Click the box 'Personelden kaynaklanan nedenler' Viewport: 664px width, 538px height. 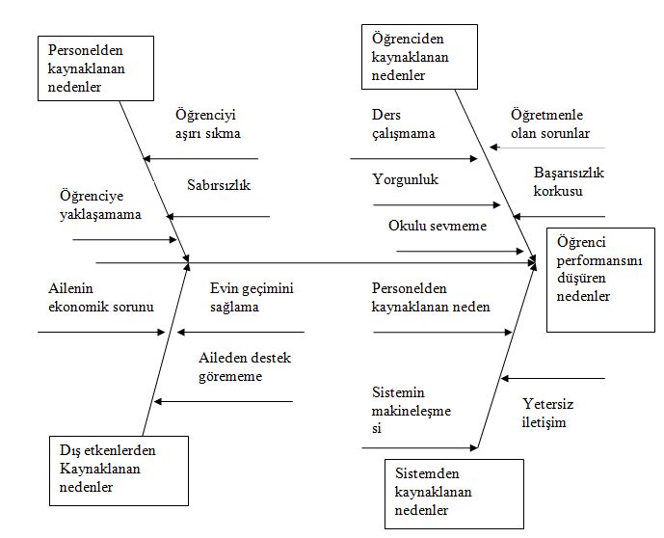pyautogui.click(x=97, y=67)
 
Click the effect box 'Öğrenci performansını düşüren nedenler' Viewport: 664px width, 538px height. pyautogui.click(x=600, y=280)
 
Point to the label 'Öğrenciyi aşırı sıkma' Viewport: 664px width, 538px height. pyautogui.click(x=208, y=123)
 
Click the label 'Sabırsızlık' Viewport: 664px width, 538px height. pyautogui.click(x=219, y=185)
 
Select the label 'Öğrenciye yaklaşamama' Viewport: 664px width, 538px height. pyautogui.click(x=93, y=205)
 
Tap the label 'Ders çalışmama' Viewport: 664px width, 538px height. pyautogui.click(x=404, y=124)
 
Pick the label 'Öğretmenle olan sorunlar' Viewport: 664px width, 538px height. pyautogui.click(x=549, y=123)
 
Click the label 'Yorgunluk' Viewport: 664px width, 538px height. pyautogui.click(x=405, y=179)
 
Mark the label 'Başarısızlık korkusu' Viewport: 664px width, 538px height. pyautogui.click(x=568, y=181)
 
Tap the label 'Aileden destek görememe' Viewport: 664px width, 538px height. pyautogui.click(x=245, y=367)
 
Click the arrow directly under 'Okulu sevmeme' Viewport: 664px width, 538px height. pyautogui.click(x=457, y=252)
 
